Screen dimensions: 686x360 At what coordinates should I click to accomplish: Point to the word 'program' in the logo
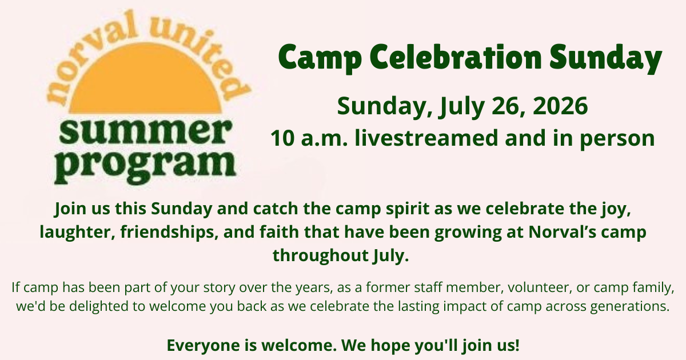(145, 166)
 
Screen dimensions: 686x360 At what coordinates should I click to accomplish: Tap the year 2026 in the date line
(560, 106)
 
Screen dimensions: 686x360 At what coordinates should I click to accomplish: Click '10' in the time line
(282, 138)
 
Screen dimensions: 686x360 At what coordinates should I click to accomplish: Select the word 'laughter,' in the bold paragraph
(77, 232)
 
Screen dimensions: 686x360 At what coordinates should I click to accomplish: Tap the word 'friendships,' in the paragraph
(169, 232)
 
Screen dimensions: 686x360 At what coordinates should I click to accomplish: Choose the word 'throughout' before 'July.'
(321, 255)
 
